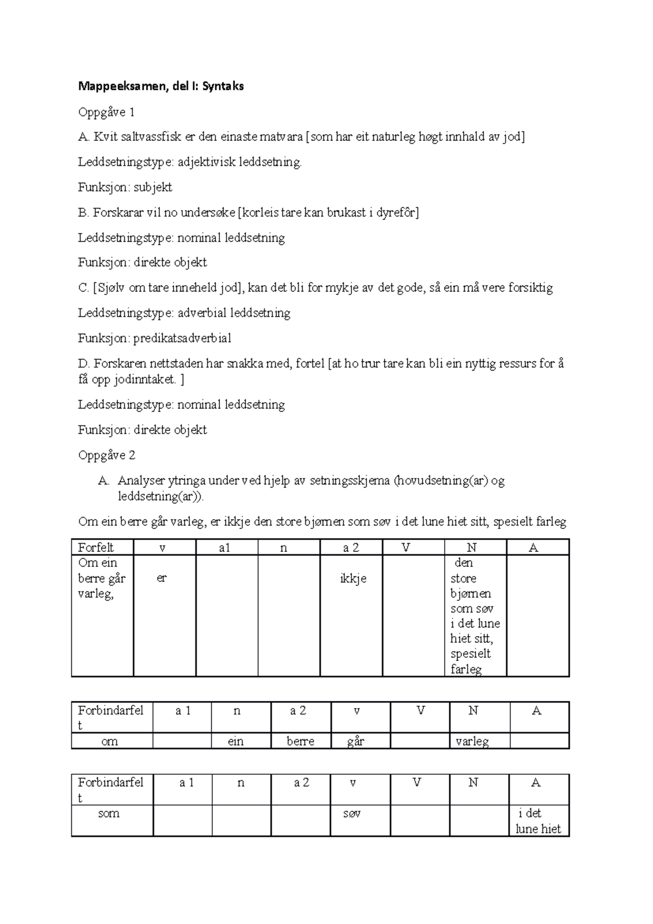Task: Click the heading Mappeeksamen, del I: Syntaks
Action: [161, 86]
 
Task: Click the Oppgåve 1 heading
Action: [106, 113]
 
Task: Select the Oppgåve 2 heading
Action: [106, 455]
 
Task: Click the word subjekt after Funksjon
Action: [153, 187]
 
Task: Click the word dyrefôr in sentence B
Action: [398, 212]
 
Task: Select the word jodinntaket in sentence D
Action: [144, 380]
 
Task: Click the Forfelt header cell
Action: [102, 547]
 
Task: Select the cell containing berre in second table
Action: [300, 741]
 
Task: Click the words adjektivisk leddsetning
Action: [240, 162]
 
